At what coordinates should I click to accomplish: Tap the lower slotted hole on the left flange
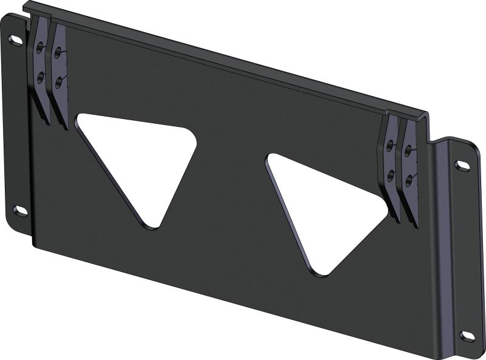[19, 210]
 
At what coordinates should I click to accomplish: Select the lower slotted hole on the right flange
[468, 336]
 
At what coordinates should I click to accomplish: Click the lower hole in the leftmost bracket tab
[41, 76]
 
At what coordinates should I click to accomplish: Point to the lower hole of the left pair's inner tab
[58, 80]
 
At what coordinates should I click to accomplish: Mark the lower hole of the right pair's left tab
[392, 176]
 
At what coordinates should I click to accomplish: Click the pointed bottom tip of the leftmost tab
[47, 123]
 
